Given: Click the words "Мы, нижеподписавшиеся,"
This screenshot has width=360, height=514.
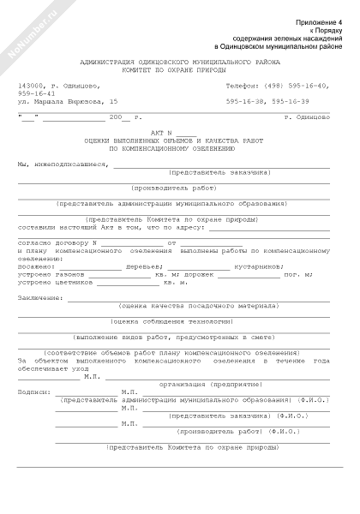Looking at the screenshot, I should click(64, 162).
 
